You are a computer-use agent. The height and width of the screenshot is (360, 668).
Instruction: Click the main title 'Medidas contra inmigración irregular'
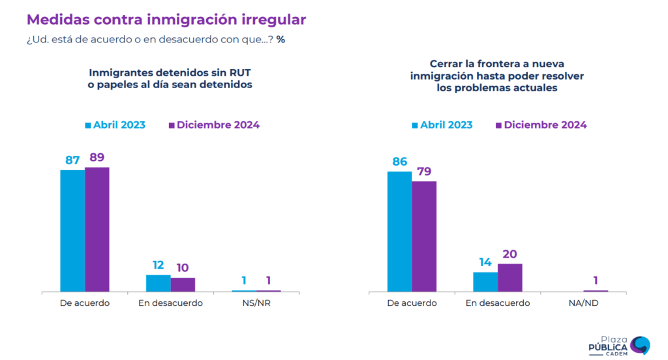click(166, 20)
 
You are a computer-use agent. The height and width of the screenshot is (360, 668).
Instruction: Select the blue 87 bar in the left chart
click(72, 231)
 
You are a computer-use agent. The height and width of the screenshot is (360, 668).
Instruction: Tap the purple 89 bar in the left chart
click(97, 230)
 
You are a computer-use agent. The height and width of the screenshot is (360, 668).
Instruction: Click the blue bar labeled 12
click(159, 283)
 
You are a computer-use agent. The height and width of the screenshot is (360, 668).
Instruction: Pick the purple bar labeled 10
click(183, 284)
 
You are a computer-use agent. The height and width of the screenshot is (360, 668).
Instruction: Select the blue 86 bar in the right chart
click(400, 232)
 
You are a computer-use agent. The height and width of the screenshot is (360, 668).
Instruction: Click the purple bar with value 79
click(424, 237)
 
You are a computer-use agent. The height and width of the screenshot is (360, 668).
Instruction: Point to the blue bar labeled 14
click(485, 282)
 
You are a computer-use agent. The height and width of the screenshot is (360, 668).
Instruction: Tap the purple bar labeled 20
click(510, 278)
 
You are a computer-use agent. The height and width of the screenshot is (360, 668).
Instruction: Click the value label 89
click(97, 157)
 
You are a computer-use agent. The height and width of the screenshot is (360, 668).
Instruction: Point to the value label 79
click(424, 172)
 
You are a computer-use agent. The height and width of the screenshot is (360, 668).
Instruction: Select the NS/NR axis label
click(256, 303)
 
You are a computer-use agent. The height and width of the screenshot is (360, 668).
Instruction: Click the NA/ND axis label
click(583, 303)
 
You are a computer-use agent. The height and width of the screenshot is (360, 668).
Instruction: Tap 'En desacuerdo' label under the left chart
click(170, 303)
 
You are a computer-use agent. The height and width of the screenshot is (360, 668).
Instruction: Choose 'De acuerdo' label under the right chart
click(412, 303)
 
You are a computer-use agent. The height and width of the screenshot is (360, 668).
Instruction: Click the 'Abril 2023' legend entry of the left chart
click(115, 125)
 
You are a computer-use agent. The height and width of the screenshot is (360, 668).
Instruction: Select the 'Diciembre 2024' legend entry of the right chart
click(541, 125)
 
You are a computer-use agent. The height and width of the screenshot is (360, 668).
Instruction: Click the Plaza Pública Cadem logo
click(620, 346)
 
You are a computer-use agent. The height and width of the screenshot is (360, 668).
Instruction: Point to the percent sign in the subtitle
click(281, 40)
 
